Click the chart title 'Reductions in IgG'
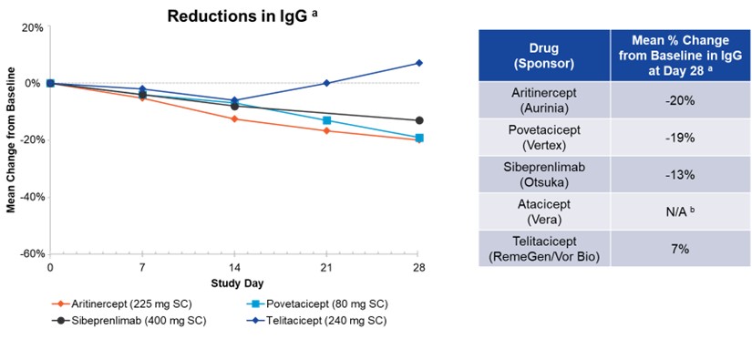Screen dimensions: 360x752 (233, 15)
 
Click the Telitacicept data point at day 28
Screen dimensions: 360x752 (418, 63)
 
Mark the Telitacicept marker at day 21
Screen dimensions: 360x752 (326, 83)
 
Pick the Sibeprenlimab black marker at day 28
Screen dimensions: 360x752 (418, 120)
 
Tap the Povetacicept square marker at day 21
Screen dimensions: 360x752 (326, 120)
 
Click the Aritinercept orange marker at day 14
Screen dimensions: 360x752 (234, 118)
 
